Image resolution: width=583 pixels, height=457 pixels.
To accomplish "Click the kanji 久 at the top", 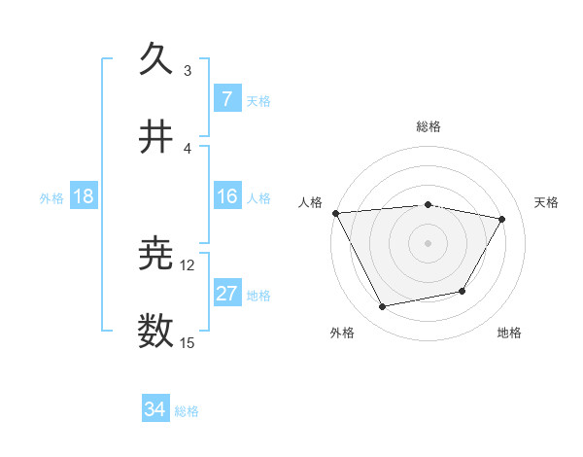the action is click(156, 60).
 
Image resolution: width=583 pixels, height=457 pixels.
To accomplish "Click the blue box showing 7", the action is click(226, 99).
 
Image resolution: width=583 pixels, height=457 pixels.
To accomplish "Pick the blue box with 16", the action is click(226, 196).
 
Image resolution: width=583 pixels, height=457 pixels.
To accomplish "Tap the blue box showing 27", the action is click(226, 294).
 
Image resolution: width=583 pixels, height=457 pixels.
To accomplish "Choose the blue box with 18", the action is click(84, 196).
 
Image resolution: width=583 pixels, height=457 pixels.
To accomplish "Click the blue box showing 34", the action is click(155, 409).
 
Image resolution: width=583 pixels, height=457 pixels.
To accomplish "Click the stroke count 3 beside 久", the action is click(187, 71).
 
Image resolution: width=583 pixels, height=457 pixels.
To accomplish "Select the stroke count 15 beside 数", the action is click(188, 342).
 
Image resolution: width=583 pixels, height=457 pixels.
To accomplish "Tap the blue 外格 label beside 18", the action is click(51, 197).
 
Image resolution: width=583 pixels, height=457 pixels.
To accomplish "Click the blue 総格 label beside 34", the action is click(187, 411).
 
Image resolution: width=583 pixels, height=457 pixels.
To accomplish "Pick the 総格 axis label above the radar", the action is click(429, 126).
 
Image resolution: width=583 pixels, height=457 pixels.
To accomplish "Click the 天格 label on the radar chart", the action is click(547, 202).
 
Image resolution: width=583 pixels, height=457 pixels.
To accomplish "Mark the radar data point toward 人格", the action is click(335, 213).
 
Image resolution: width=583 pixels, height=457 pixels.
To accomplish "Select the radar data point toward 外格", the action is click(383, 307).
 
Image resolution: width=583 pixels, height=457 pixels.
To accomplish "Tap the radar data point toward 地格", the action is click(463, 291).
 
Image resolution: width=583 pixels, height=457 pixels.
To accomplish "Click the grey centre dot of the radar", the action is click(429, 243).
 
